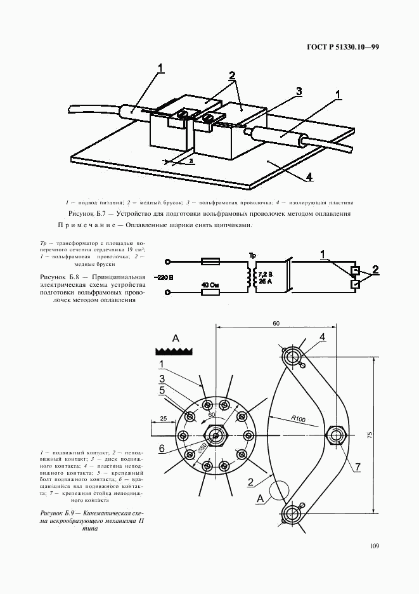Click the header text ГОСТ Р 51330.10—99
pyautogui.click(x=342, y=48)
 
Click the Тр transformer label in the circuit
pyautogui.click(x=253, y=255)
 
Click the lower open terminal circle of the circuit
pyautogui.click(x=168, y=293)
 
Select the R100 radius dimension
pyautogui.click(x=300, y=418)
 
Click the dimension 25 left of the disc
pyautogui.click(x=163, y=419)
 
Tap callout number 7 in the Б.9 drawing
pyautogui.click(x=357, y=466)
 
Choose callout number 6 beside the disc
pyautogui.click(x=162, y=448)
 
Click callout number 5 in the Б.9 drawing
pyautogui.click(x=162, y=391)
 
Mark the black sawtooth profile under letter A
pyautogui.click(x=174, y=351)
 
